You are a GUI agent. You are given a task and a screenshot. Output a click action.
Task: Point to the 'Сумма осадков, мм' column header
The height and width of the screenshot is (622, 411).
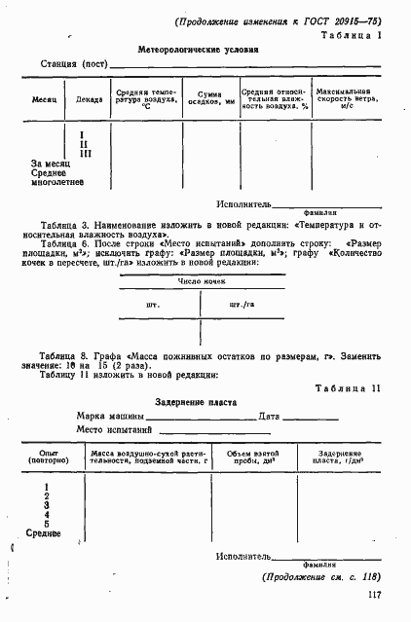click(209, 99)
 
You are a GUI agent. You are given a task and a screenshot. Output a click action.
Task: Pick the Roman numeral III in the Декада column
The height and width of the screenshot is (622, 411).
click(85, 153)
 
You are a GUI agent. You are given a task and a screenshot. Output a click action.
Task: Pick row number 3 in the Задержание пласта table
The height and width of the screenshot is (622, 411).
click(47, 505)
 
